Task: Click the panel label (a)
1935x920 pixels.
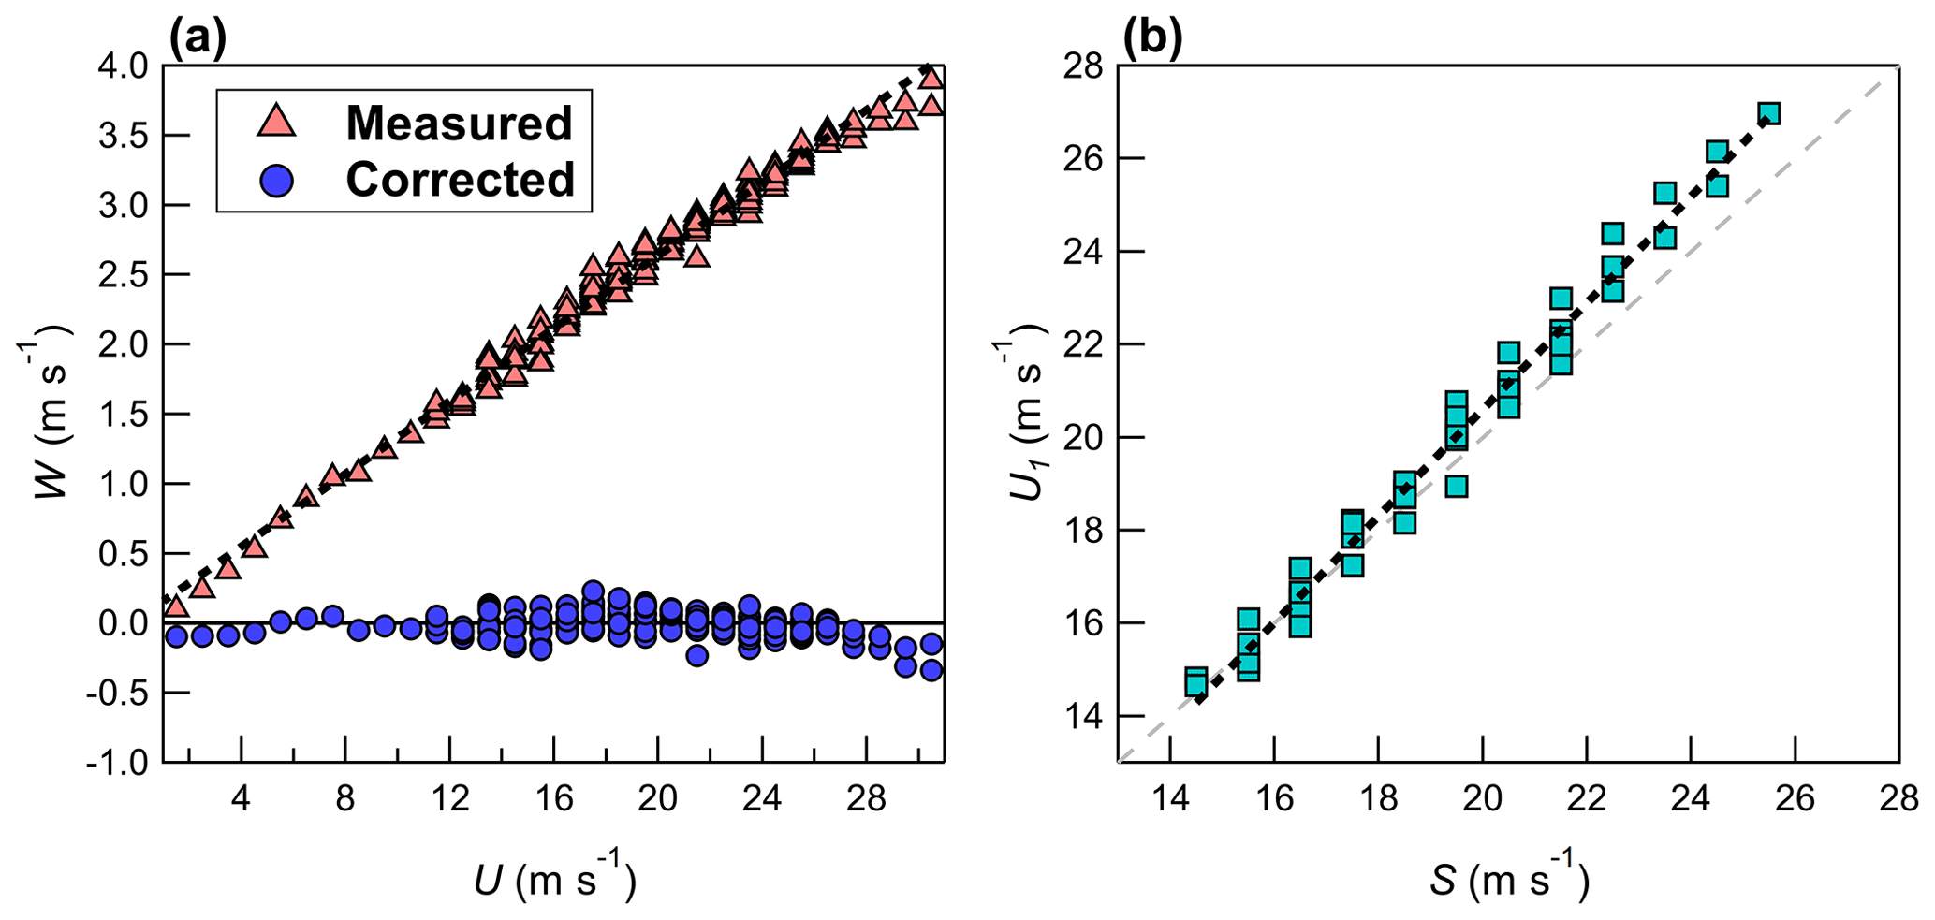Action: pos(197,38)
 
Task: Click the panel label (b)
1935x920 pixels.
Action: pos(1152,38)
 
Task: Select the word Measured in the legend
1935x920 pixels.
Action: pos(459,124)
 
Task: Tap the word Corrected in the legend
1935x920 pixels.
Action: pos(460,180)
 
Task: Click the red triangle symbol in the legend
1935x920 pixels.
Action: pos(276,123)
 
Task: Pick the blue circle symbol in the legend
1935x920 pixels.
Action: pos(276,180)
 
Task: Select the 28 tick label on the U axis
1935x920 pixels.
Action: pos(866,799)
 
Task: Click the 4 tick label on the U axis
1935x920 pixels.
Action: pos(241,799)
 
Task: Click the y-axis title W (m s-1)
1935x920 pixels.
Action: pos(47,412)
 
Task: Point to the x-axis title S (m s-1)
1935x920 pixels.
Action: pos(1508,880)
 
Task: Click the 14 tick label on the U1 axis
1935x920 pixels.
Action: pos(1080,717)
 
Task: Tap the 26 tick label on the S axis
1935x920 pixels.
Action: pos(1795,799)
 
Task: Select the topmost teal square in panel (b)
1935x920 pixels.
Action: pos(1768,114)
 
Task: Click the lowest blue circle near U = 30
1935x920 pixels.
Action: pos(931,670)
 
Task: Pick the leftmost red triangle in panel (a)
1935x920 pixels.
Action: pos(176,606)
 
